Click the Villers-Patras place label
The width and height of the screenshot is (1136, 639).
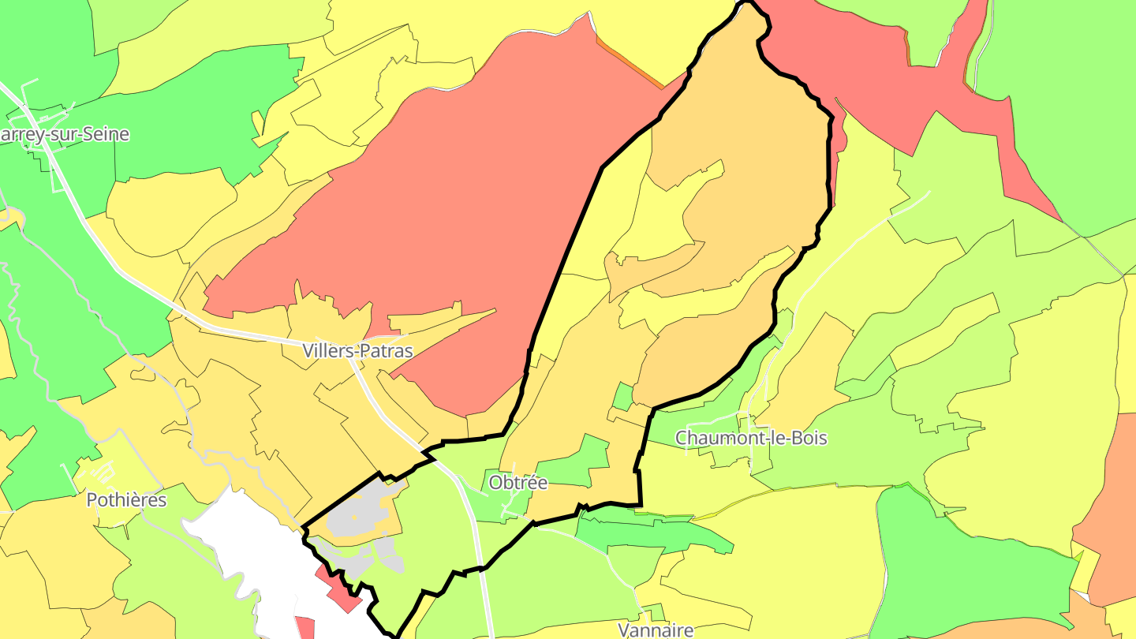pos(357,351)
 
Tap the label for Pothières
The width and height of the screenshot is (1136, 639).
pos(126,500)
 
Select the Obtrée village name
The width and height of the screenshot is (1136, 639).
pos(518,482)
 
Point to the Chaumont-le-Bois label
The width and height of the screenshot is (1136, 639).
pos(751,437)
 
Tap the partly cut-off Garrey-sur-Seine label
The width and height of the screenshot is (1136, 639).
pos(63,134)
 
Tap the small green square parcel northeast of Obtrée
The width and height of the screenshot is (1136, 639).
pos(622,397)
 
